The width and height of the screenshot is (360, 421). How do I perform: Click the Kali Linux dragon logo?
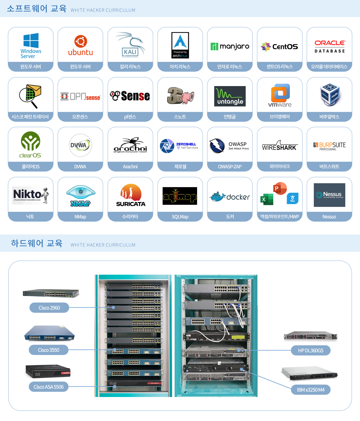[130, 45]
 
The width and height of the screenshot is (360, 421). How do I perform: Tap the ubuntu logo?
[80, 46]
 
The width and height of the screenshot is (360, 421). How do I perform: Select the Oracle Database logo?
[329, 46]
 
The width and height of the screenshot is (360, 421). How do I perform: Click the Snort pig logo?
[180, 96]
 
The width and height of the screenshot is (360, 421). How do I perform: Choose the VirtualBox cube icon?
[329, 94]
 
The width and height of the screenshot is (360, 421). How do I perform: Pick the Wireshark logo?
[280, 146]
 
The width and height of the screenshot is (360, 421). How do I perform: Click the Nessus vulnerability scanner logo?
[329, 195]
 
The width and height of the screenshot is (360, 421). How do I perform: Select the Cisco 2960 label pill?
[49, 308]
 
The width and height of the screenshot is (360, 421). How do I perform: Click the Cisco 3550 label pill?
[49, 350]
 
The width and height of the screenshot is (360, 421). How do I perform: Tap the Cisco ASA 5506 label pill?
[49, 387]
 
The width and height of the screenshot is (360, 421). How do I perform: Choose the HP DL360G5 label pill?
[310, 351]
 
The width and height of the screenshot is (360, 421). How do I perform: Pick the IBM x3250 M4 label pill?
[310, 390]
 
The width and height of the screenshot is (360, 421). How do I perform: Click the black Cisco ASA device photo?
[48, 372]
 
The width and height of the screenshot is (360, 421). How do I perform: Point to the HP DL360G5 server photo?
[310, 336]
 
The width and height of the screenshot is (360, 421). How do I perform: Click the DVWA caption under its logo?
[80, 167]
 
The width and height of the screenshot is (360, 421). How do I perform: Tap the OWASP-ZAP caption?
[230, 167]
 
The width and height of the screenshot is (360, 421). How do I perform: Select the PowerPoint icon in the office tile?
[280, 189]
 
